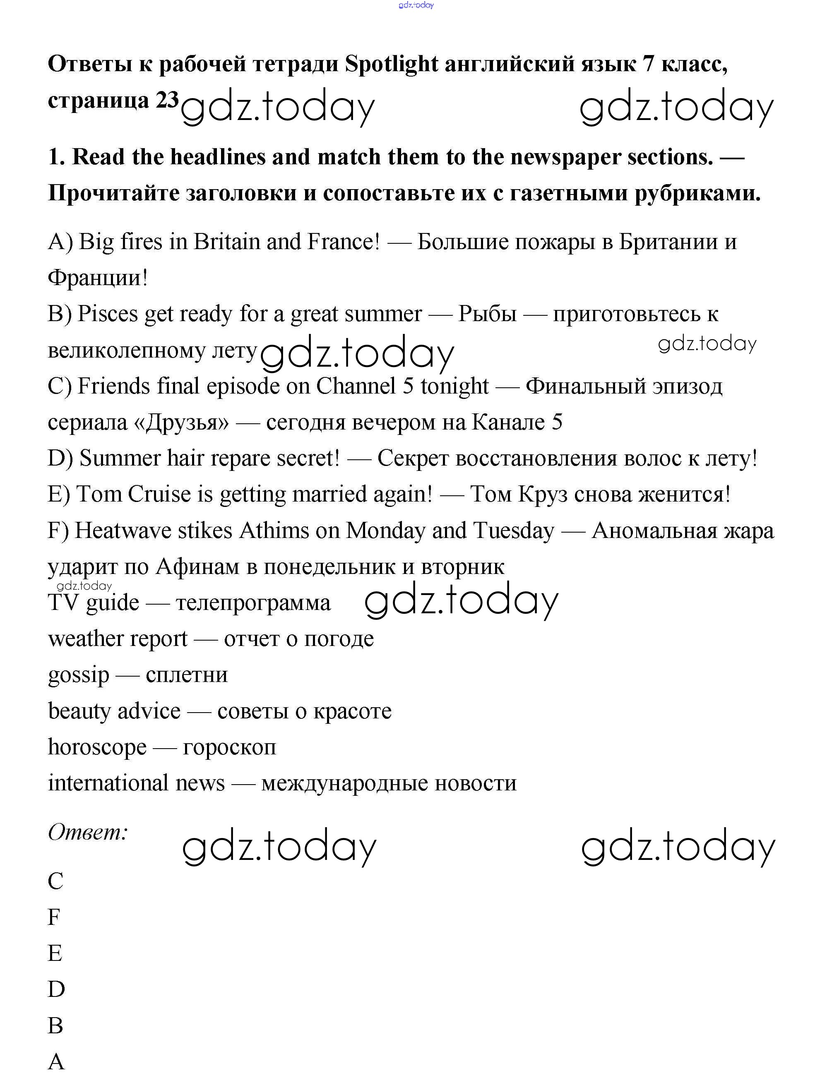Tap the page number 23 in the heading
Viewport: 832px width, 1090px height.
tap(167, 101)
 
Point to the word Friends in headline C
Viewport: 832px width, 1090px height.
tap(113, 387)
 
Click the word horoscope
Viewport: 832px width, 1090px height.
tap(97, 747)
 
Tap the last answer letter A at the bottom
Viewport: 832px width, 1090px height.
tap(56, 1062)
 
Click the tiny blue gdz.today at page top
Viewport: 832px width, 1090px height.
tap(416, 5)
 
